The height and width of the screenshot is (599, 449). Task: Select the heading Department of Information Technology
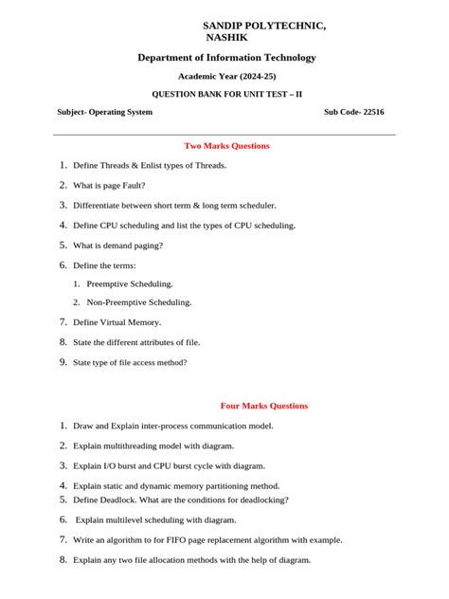pos(226,58)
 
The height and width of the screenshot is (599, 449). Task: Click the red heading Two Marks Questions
pos(226,146)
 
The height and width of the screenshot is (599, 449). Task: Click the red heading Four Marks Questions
pos(263,406)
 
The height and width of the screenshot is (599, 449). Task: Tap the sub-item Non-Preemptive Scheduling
pos(138,302)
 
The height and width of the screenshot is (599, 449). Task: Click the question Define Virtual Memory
pos(117,322)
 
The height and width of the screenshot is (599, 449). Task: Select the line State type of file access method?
pos(130,362)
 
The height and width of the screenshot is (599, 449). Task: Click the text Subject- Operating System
pos(104,112)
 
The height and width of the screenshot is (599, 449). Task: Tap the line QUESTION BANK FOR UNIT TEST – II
pos(227,94)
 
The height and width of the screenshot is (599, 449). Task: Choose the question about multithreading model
pos(153,445)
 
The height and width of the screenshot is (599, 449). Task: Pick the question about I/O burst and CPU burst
pos(169,466)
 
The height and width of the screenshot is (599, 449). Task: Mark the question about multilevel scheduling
pos(155,519)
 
